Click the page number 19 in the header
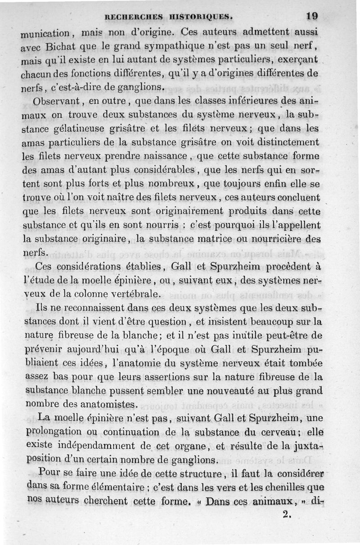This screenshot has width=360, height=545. (311, 16)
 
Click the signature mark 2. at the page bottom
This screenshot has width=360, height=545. (287, 514)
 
